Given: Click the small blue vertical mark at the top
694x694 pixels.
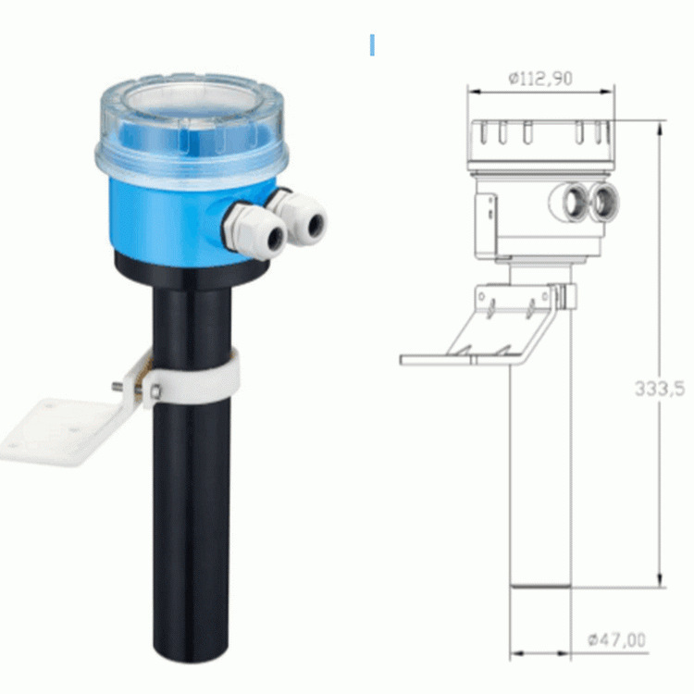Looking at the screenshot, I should (372, 44).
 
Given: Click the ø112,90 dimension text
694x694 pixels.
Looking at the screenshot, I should (539, 79).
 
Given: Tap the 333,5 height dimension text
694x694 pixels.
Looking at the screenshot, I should (660, 389).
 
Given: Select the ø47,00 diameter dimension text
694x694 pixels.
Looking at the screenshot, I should (616, 639).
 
